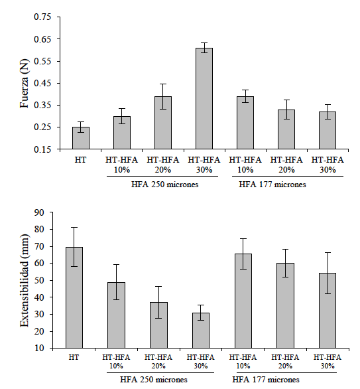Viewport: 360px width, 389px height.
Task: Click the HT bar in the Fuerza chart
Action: pos(81,138)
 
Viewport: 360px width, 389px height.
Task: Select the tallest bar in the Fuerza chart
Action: pos(204,98)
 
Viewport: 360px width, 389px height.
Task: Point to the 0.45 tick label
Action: pos(42,83)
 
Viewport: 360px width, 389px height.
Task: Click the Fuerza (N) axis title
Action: pos(24,84)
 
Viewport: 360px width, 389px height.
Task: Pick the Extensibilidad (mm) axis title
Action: pos(24,281)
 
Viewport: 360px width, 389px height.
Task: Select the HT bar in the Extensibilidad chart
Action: pos(74,297)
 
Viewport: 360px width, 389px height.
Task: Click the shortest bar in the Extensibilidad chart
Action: pos(201,331)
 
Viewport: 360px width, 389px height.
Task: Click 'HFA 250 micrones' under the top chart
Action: pos(165,185)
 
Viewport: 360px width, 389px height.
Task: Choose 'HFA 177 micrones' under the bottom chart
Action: pos(266,380)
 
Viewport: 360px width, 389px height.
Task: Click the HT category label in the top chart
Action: pos(80,160)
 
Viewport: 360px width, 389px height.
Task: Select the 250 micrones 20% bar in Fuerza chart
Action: pos(163,123)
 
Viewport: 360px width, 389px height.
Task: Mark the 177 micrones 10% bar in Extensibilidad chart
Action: pos(243,301)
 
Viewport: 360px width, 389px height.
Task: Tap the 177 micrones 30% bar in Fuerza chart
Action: pos(328,130)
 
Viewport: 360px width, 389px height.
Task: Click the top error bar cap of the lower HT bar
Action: pos(74,227)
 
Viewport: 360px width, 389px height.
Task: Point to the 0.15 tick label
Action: pos(42,149)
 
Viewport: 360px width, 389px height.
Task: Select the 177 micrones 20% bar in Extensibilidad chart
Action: pos(286,305)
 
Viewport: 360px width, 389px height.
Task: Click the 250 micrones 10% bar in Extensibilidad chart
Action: pos(117,315)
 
